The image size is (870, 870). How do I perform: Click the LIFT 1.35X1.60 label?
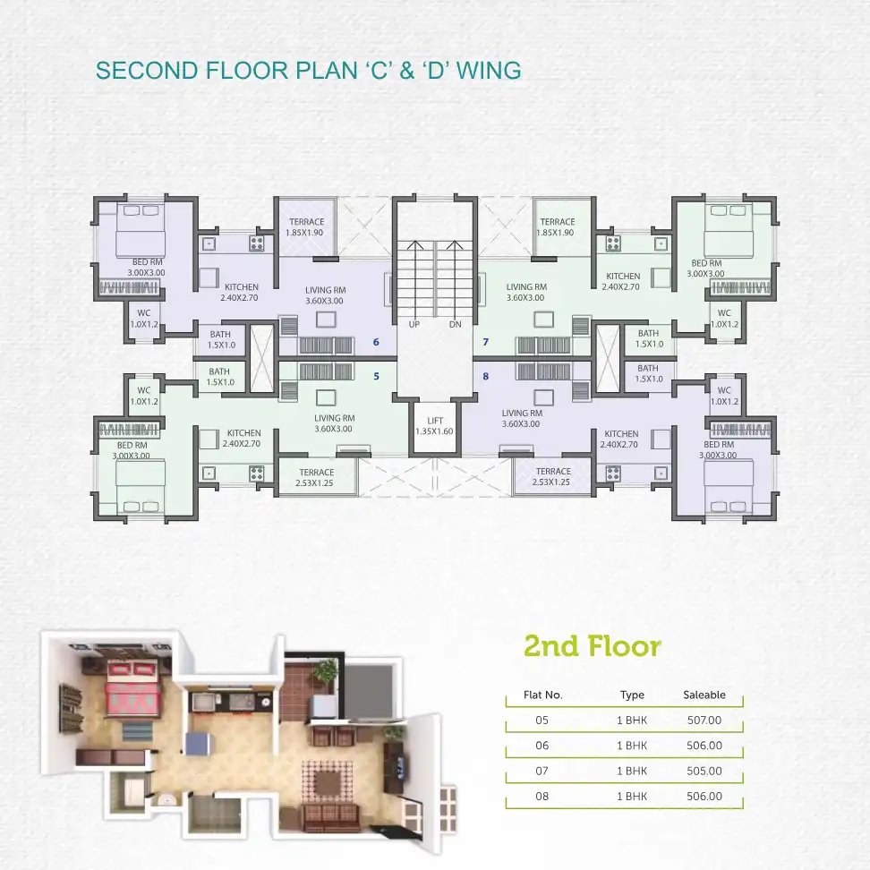(434, 425)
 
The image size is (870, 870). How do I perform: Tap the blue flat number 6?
(376, 342)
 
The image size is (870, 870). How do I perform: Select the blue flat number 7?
(485, 342)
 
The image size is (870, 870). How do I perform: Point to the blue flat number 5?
(376, 376)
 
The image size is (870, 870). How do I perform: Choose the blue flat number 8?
(485, 376)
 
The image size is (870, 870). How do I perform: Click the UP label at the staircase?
(414, 324)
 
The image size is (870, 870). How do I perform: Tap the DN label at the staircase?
(455, 324)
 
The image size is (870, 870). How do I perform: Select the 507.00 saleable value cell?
(704, 721)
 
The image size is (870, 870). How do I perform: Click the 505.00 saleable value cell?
(704, 771)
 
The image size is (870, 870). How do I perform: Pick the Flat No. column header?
(543, 695)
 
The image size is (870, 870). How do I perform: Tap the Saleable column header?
(704, 695)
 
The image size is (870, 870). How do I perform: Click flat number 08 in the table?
(542, 797)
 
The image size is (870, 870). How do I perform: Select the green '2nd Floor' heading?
(593, 646)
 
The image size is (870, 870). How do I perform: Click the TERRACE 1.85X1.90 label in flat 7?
(557, 227)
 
